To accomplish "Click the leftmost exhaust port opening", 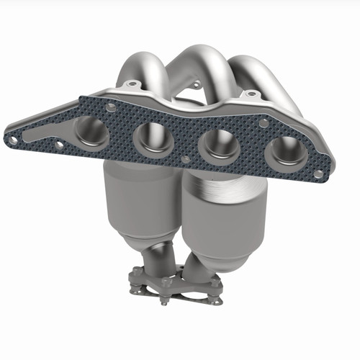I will tap(92, 131).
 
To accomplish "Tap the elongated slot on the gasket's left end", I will tap(43, 134).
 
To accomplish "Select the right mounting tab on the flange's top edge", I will tap(251, 94).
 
